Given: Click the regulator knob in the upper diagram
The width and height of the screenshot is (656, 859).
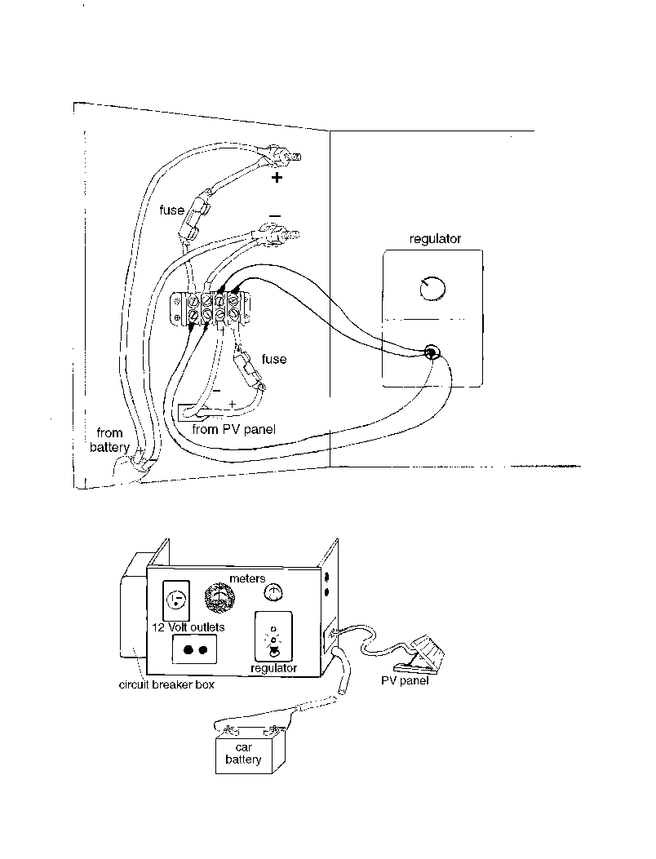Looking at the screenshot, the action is [x=432, y=288].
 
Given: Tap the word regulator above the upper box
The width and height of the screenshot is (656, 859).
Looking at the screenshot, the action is [x=435, y=239].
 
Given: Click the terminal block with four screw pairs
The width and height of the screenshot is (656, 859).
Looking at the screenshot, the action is [x=211, y=308].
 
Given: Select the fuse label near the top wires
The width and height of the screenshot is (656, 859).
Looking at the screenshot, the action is [x=171, y=210].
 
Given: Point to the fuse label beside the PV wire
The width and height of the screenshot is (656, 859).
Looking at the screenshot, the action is [x=274, y=359].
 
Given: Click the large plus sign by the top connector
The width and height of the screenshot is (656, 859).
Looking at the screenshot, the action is [x=277, y=177].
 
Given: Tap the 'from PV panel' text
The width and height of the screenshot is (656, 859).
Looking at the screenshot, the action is [x=233, y=429].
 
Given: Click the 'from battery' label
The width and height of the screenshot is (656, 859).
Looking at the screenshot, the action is [x=109, y=440].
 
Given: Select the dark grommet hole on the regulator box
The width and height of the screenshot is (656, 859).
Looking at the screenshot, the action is [x=431, y=352].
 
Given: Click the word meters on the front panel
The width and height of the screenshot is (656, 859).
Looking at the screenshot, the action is [x=247, y=578].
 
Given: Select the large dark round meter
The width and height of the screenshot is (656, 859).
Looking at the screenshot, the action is [x=219, y=597].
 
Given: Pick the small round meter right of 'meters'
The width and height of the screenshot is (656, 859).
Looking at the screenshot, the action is [x=273, y=592].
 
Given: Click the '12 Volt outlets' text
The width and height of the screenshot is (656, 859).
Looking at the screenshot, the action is [x=188, y=627].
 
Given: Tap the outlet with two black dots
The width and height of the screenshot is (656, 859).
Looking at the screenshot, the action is [x=194, y=649].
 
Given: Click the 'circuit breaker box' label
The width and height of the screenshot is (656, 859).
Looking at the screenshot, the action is [x=166, y=684].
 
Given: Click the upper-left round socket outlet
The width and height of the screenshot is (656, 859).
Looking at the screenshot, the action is [x=176, y=600].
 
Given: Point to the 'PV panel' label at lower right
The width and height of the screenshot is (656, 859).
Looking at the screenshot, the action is [x=405, y=681].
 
